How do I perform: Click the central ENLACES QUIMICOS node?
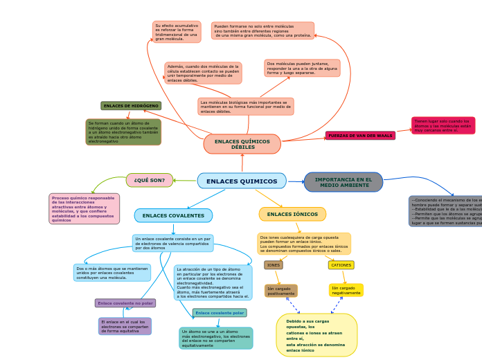point(241,181)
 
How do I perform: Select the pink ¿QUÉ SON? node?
point(150,180)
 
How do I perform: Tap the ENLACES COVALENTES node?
point(173,215)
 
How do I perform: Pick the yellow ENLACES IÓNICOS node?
point(292,214)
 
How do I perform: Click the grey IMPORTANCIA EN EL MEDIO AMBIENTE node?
point(343,182)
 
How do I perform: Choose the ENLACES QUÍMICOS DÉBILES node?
point(242,144)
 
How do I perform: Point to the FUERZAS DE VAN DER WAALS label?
point(360,136)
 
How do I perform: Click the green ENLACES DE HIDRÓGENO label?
point(131,106)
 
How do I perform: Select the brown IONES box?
point(274,265)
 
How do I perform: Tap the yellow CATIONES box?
point(341,265)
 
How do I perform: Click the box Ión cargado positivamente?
point(280,291)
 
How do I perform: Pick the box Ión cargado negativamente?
point(346,290)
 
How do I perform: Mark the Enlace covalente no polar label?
point(125,303)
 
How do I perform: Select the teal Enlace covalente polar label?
point(219,313)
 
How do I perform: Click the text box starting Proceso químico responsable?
point(84,208)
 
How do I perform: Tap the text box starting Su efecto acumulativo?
point(177,32)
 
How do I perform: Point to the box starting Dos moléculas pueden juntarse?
point(302,68)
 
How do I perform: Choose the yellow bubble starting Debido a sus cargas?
point(316,335)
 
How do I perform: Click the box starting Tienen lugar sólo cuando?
point(443,125)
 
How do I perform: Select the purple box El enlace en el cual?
point(125,326)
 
